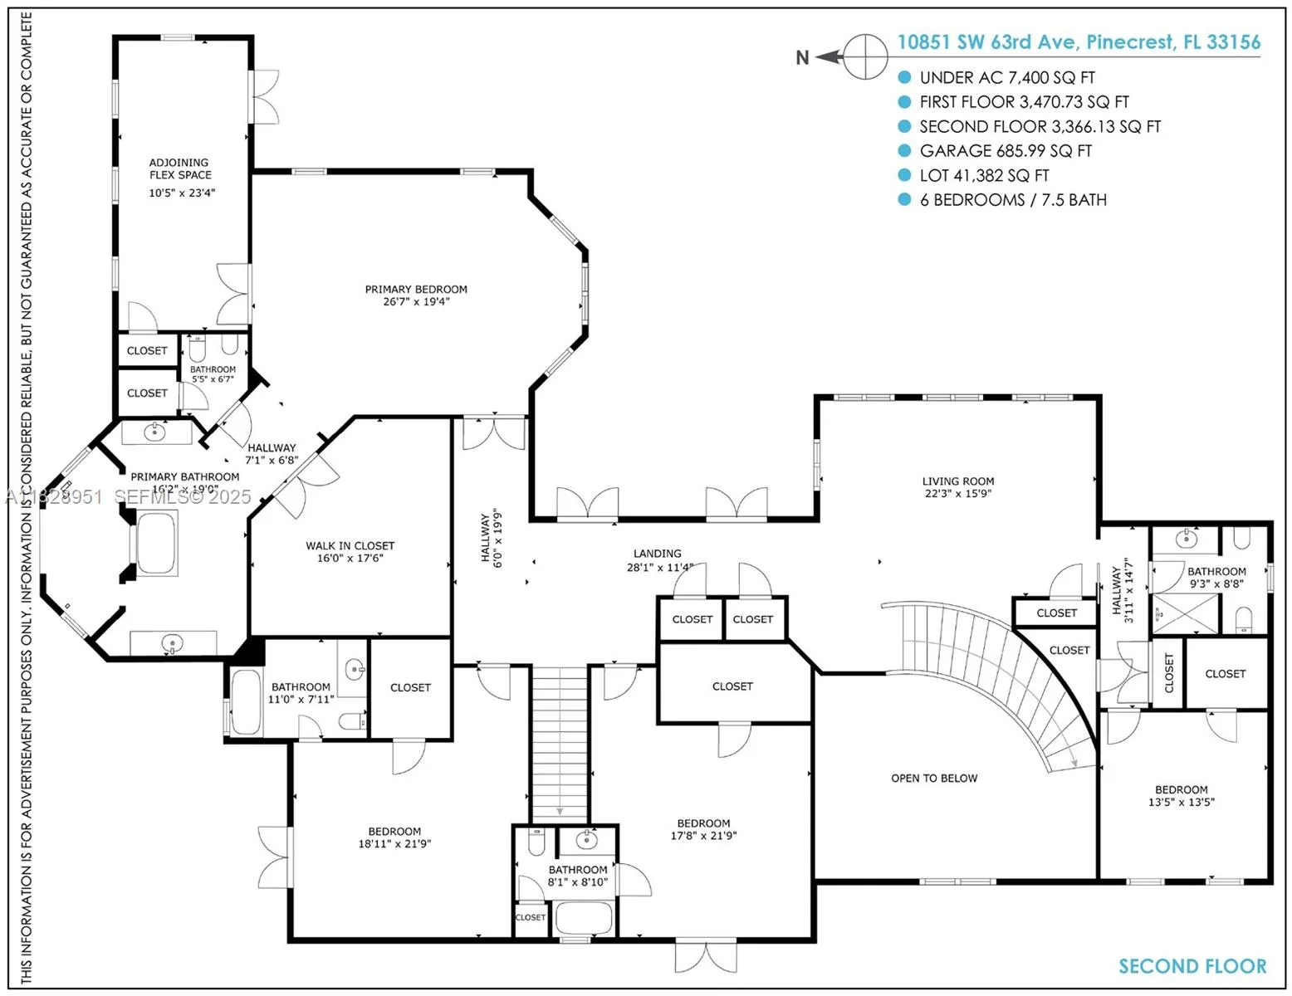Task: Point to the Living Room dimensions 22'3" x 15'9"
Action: (x=957, y=494)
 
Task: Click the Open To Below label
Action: (x=934, y=779)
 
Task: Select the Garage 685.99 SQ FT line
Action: (x=1005, y=151)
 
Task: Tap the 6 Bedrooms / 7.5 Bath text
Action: (x=1012, y=200)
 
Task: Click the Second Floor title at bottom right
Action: (x=1192, y=966)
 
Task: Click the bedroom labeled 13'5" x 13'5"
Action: (x=1181, y=796)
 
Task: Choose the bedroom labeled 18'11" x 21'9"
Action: (x=394, y=837)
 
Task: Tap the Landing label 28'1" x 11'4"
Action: (x=658, y=560)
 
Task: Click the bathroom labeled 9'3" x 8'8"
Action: (x=1216, y=578)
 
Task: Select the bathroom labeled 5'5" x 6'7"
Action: (x=213, y=374)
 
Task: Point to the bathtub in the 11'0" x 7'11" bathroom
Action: (x=246, y=702)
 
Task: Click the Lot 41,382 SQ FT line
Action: (x=984, y=176)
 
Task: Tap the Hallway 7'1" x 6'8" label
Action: (x=272, y=454)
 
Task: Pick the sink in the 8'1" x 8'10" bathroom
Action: (x=587, y=840)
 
